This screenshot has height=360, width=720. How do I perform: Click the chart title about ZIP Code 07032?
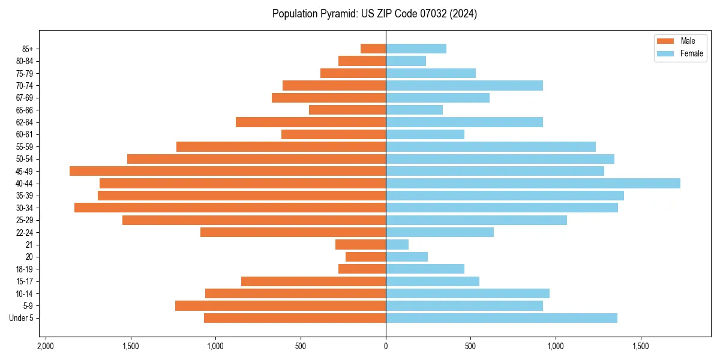point(374,14)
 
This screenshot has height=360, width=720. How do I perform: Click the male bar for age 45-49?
point(227,171)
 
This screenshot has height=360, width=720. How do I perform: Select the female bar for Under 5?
point(501,318)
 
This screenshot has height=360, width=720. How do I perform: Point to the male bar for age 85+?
point(373,49)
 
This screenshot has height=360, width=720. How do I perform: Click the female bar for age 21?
point(397,245)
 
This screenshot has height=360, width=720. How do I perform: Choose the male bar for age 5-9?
point(280,306)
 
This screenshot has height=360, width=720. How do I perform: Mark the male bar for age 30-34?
point(230,208)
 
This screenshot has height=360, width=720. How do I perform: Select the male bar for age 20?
point(365,257)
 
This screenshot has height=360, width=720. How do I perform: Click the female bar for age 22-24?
point(440,232)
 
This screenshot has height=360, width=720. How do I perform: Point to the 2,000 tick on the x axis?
point(45,346)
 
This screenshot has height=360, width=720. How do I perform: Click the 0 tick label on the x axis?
point(386,346)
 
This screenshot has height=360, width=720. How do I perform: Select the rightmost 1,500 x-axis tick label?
point(641,346)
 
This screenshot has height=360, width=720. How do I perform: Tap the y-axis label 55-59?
point(25,147)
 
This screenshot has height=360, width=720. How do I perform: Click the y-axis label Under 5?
point(22,318)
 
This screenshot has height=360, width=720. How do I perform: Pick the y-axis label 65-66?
point(25,110)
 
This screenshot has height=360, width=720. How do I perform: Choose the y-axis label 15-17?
point(25,281)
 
